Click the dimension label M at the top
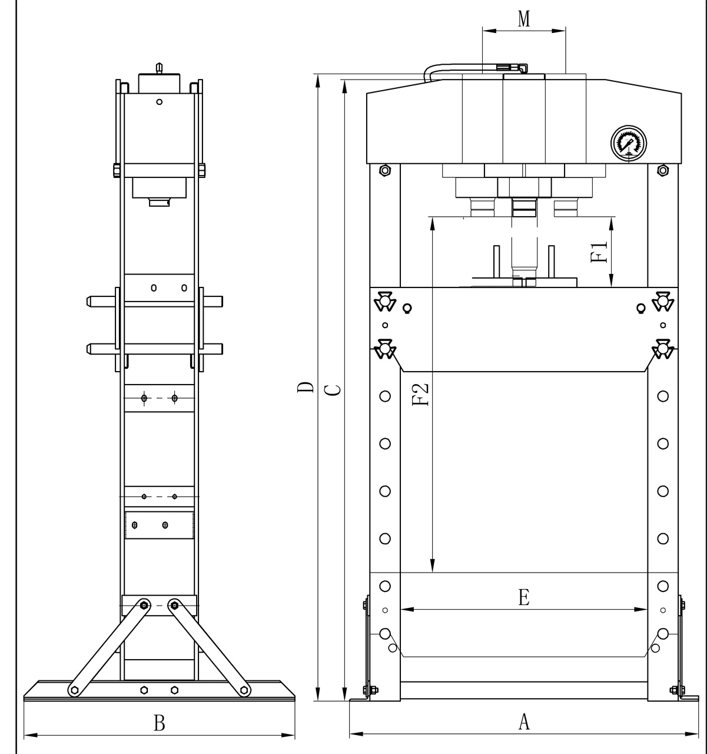point(523,19)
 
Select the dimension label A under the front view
point(523,721)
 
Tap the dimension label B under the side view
point(159,723)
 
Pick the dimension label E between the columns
point(523,598)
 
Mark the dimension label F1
point(599,252)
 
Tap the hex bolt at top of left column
point(384,171)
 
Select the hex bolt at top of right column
point(663,171)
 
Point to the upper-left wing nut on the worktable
point(384,300)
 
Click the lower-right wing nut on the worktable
point(663,349)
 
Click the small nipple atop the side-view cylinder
point(158,68)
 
